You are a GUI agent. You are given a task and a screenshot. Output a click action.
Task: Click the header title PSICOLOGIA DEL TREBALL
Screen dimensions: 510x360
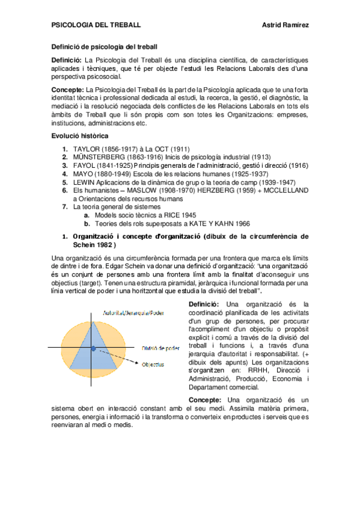(x=96, y=25)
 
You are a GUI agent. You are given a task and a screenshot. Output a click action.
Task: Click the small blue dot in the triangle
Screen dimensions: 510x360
(x=93, y=348)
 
